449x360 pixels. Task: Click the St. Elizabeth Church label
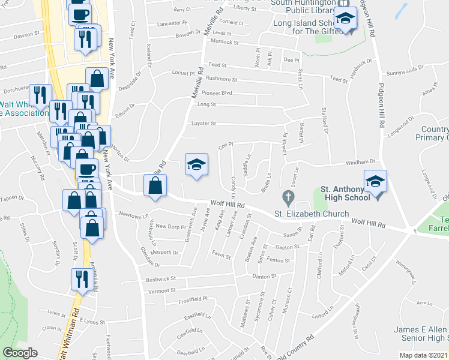312,214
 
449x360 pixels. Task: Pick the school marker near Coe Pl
196,165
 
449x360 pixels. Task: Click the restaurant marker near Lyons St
81,278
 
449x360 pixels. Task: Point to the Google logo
20,353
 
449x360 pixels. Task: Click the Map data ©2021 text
423,355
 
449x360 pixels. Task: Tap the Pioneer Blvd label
216,93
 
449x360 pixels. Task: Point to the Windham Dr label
363,161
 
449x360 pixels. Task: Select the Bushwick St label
160,279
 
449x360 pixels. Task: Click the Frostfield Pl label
193,299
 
